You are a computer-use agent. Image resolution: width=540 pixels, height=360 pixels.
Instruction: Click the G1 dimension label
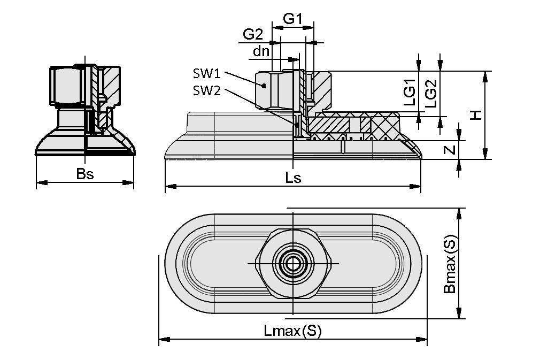pos(292,19)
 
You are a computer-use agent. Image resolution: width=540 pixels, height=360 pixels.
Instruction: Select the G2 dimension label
pos(253,35)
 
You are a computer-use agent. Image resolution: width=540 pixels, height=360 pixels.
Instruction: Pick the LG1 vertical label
pos(409,92)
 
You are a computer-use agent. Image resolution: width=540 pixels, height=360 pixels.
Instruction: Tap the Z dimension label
pos(450,150)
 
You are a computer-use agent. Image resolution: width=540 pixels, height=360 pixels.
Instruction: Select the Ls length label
pos(293,178)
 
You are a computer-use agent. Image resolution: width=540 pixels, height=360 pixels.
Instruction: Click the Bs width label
pos(84,174)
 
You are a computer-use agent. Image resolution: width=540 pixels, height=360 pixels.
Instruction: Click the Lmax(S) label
pos(293,331)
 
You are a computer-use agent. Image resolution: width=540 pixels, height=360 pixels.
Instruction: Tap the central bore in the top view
pos(292,264)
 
